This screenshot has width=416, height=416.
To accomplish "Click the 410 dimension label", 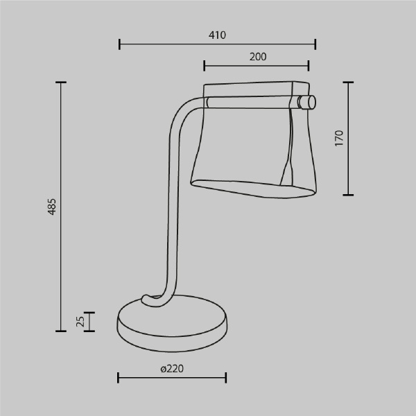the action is click(217, 35).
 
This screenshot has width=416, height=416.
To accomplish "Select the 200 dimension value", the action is click(258, 57).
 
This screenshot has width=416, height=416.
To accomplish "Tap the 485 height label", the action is click(52, 207).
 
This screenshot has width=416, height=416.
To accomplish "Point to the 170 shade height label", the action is click(339, 138).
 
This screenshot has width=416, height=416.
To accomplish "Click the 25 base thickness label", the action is click(80, 321).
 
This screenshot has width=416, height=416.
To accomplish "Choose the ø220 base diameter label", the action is click(172, 369).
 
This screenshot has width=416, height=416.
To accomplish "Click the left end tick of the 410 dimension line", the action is click(120, 44).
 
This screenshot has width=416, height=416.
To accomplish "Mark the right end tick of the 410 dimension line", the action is click(315, 44).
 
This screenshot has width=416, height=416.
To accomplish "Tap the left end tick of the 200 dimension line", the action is click(205, 66).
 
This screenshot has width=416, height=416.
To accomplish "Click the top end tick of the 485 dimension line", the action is click(61, 83).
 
